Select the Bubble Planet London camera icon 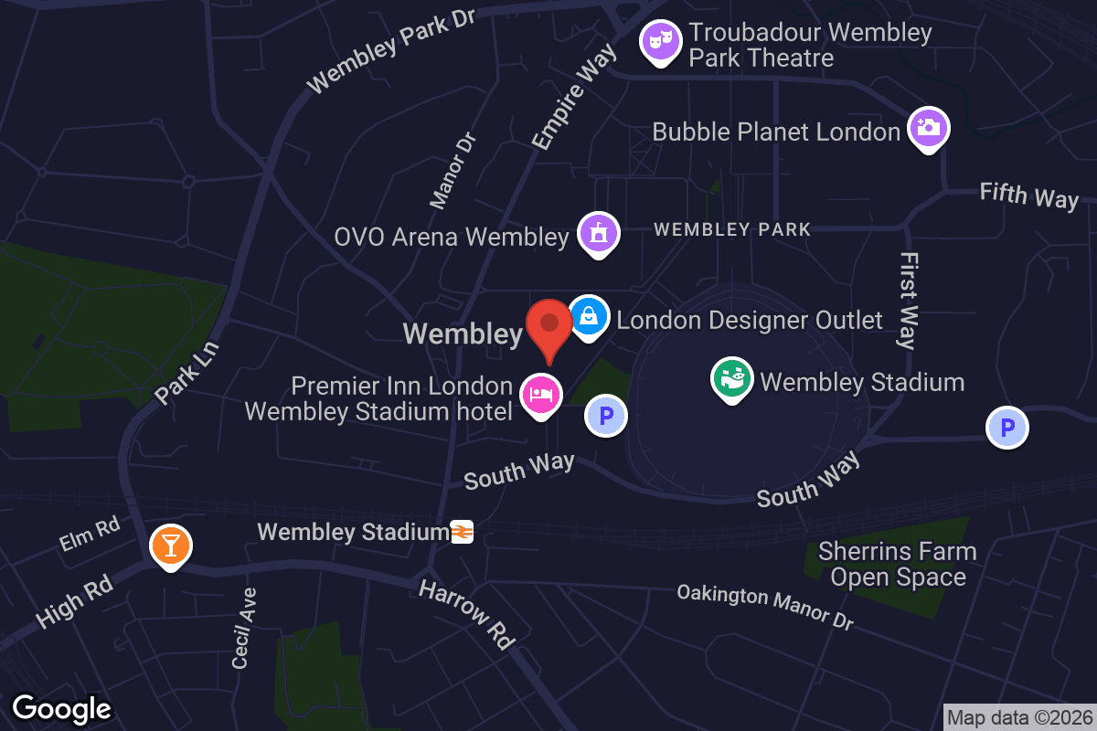pos(929,128)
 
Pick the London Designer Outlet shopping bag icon pos(590,316)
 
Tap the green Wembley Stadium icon pos(732,378)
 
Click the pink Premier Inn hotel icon pos(540,395)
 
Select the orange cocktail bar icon pos(170,546)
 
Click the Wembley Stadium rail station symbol pos(462,532)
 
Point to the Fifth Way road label pos(1028,196)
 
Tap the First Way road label pos(908,301)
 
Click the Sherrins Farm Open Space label pos(898,564)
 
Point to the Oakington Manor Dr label pos(765,607)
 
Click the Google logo pos(62,708)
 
